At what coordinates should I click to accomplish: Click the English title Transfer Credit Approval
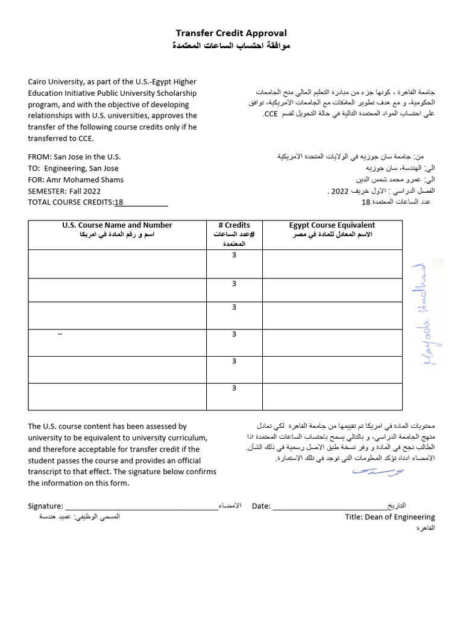[231, 33]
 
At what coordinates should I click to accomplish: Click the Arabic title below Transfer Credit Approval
[231, 46]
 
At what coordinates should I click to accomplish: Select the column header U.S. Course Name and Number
[117, 225]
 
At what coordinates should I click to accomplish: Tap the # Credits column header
[234, 225]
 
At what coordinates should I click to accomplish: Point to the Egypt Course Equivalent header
[332, 225]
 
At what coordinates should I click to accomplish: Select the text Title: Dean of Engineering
[389, 517]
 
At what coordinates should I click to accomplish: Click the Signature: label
[45, 506]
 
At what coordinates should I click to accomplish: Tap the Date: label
[260, 506]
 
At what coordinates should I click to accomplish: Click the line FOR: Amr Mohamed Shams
[75, 180]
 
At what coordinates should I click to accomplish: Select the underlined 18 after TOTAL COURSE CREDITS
[119, 202]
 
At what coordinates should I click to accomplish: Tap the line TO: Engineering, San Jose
[73, 168]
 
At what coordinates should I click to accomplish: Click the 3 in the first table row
[234, 256]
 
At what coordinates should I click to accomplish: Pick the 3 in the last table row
[234, 389]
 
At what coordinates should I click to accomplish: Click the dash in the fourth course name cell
[60, 334]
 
